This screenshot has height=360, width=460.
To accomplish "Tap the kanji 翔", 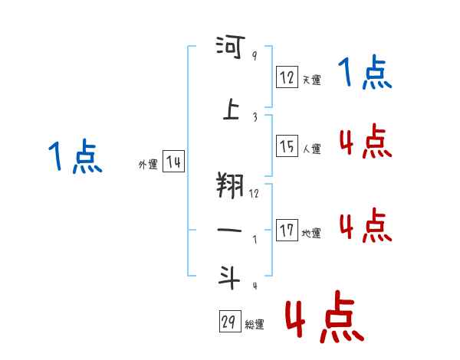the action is [x=230, y=185].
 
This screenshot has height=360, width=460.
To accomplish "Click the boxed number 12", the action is [x=287, y=77].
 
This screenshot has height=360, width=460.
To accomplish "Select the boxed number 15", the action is [x=287, y=146].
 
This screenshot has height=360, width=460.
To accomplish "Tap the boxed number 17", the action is [x=287, y=231].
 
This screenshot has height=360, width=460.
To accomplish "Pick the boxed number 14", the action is [x=174, y=162].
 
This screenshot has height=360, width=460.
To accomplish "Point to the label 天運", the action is [x=311, y=80].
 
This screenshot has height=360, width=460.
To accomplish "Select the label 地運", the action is [x=311, y=233].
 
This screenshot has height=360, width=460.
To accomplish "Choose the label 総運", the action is [x=255, y=325].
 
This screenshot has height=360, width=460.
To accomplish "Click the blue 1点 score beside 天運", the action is [x=365, y=74].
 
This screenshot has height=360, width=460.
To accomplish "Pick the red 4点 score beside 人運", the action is [x=365, y=142].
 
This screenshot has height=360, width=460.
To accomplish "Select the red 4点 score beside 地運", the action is [x=365, y=226].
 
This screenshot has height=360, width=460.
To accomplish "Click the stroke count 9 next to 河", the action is [x=255, y=55].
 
